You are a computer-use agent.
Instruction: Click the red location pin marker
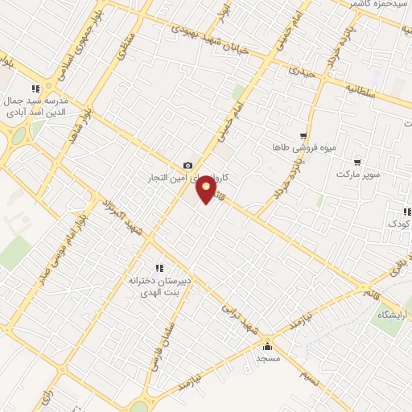(x=207, y=191)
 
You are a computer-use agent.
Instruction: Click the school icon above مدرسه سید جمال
(x=35, y=89)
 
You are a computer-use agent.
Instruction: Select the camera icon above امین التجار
(x=187, y=165)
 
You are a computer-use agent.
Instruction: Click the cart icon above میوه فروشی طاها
(x=303, y=136)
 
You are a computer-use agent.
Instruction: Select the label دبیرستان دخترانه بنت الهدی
(x=157, y=287)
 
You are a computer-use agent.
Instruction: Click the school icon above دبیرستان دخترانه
(x=159, y=268)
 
